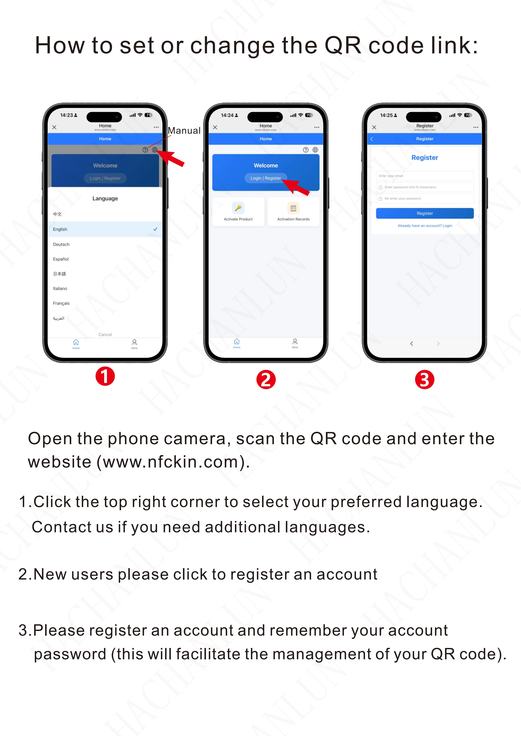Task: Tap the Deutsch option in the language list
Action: [x=61, y=244]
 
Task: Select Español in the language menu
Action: [x=61, y=259]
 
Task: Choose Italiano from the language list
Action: [x=60, y=288]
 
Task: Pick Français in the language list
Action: [x=61, y=303]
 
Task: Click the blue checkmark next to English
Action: [x=155, y=229]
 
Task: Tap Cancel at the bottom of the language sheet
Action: [x=105, y=334]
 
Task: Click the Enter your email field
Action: [x=425, y=176]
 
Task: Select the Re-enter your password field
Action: [x=425, y=199]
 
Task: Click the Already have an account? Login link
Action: [x=425, y=226]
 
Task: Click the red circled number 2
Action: [x=266, y=379]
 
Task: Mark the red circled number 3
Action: [x=425, y=379]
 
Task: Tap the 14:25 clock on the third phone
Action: [x=386, y=115]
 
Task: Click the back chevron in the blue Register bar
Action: [x=372, y=139]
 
